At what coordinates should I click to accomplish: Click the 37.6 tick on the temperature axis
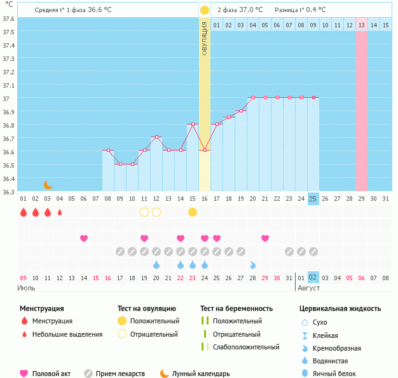[x=8, y=18]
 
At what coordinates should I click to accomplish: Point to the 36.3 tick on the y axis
[x=8, y=191]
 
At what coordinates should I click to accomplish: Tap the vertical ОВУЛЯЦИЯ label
[x=205, y=38]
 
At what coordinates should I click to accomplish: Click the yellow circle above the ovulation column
[x=205, y=10]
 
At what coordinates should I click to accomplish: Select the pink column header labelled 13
[x=361, y=25]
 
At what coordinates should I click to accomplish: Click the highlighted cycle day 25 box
[x=313, y=198]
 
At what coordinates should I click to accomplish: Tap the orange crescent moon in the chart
[x=48, y=184]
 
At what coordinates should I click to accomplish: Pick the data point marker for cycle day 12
[x=156, y=137]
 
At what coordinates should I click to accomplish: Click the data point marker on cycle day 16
[x=205, y=150]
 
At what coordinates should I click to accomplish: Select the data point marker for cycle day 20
[x=253, y=97]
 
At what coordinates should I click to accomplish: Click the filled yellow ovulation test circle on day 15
[x=193, y=212]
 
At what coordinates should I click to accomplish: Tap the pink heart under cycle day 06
[x=84, y=238]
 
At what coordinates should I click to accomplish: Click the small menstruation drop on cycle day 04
[x=60, y=212]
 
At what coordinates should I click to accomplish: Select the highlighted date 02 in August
[x=313, y=278]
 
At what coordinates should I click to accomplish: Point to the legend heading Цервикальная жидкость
[x=340, y=309]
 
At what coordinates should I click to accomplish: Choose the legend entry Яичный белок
[x=337, y=374]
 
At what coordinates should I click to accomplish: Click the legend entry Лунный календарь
[x=194, y=374]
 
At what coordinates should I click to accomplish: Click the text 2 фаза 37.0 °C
[x=240, y=10]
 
